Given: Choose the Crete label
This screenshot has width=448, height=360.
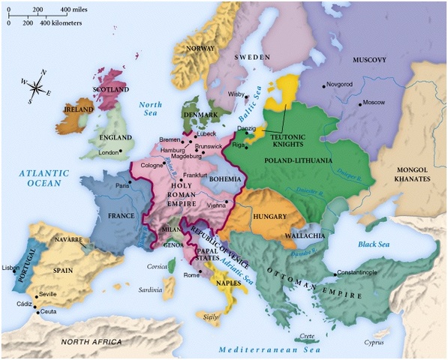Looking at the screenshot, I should click(x=307, y=335).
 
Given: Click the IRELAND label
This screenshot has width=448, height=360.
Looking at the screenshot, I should click(x=78, y=109).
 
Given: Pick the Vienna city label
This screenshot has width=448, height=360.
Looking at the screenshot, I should click(x=215, y=205).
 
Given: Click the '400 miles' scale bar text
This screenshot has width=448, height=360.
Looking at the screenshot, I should click(x=75, y=9).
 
